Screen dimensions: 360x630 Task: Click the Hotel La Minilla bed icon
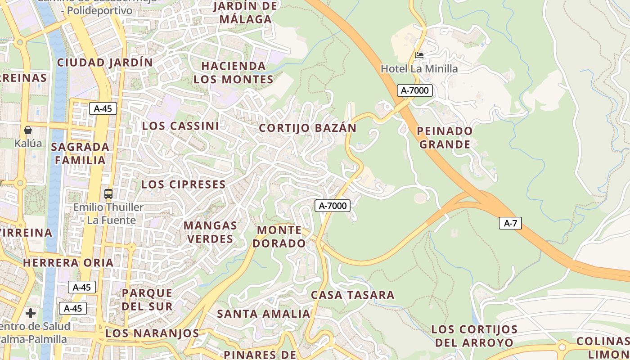[x=419, y=55]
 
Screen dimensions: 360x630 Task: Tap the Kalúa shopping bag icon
[x=28, y=130]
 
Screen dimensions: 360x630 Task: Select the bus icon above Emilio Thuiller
[x=108, y=194]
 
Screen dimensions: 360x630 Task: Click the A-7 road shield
[x=510, y=223]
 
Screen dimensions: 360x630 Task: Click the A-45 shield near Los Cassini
[x=103, y=108]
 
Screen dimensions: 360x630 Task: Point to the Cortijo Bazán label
[x=307, y=128]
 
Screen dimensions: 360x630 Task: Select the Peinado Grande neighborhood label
[x=445, y=138]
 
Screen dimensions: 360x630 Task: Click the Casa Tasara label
[x=352, y=295]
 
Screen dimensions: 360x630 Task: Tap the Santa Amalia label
[x=264, y=314]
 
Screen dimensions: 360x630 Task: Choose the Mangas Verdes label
[x=211, y=232]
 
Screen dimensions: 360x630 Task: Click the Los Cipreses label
[x=183, y=184]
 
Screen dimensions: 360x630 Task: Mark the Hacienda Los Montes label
[x=233, y=72]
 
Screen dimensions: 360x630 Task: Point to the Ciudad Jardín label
[x=105, y=63]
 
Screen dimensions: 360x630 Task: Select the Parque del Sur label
[x=147, y=300]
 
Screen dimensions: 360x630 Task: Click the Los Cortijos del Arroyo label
[x=474, y=336]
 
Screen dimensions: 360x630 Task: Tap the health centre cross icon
[x=31, y=313]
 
